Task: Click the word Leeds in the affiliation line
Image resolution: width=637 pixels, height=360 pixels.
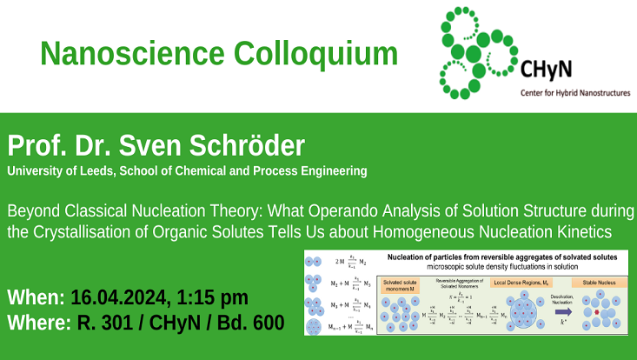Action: [x=108, y=170]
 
